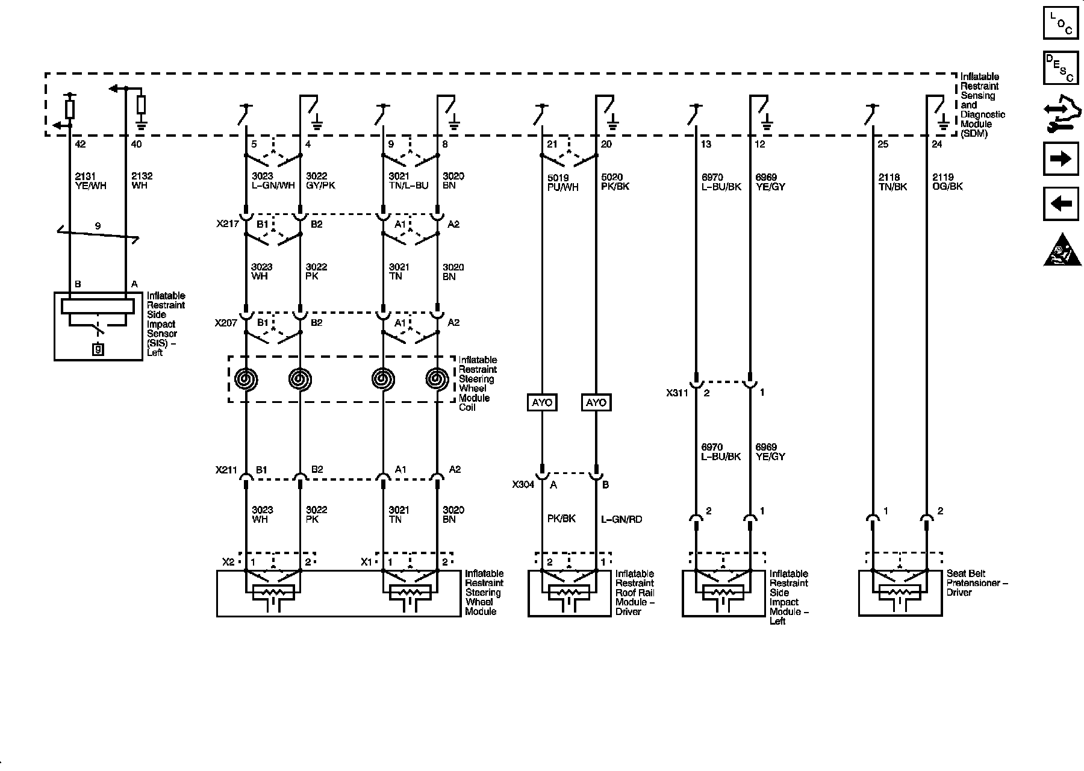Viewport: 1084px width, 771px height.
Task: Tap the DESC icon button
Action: click(x=1061, y=68)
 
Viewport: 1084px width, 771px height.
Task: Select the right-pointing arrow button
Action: click(x=1061, y=158)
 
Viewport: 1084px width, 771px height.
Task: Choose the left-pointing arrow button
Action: click(x=1061, y=204)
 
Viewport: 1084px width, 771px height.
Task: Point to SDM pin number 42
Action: click(x=79, y=145)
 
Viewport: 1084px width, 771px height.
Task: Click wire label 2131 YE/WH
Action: click(x=90, y=181)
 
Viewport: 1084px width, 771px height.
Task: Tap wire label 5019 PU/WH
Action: click(x=563, y=183)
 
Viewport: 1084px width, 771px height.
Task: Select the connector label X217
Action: click(x=226, y=224)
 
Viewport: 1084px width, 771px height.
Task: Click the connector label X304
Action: click(x=523, y=485)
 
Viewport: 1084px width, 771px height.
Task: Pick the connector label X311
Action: click(x=677, y=393)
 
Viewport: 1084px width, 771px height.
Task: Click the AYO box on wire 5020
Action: click(x=596, y=402)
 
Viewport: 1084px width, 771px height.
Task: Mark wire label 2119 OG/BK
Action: click(x=947, y=182)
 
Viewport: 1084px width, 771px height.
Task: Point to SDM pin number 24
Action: click(x=937, y=145)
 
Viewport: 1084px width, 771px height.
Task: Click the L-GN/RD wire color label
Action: click(x=621, y=519)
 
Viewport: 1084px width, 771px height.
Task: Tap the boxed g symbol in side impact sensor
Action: click(x=98, y=348)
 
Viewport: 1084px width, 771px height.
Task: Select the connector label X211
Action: click(x=226, y=470)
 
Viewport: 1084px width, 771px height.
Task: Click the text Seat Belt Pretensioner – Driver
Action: click(x=977, y=583)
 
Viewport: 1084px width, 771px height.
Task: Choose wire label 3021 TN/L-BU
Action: click(x=408, y=181)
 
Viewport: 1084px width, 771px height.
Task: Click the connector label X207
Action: click(x=226, y=323)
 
